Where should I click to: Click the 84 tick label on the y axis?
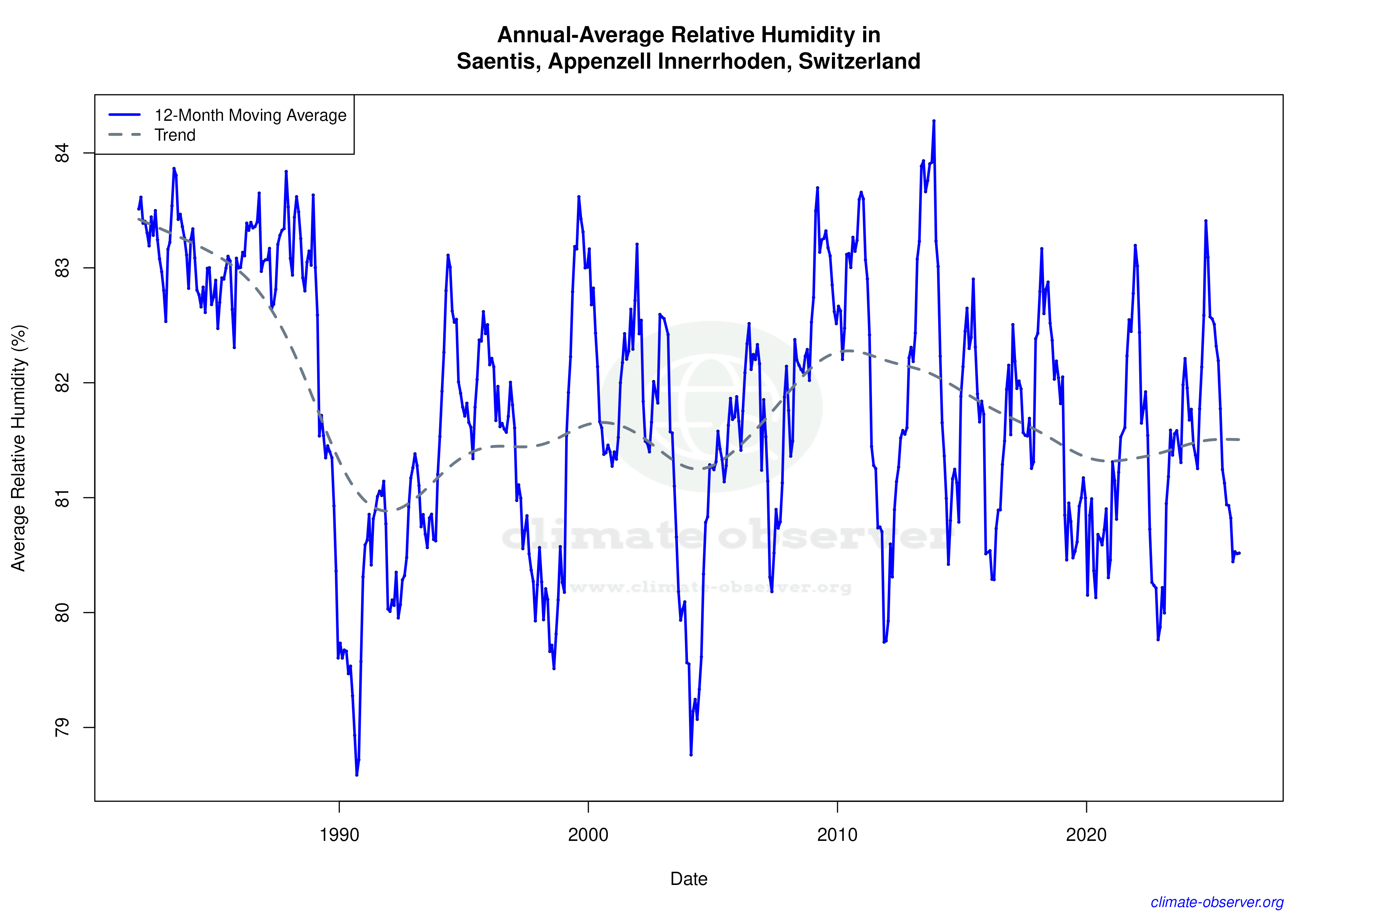pos(61,153)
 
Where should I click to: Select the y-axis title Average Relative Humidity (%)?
pos(19,448)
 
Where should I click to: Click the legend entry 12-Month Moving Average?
pos(250,115)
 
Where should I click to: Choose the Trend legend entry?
pos(175,135)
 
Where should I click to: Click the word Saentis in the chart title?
pos(498,61)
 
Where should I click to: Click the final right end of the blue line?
pos(1240,553)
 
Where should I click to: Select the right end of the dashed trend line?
pos(1240,440)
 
